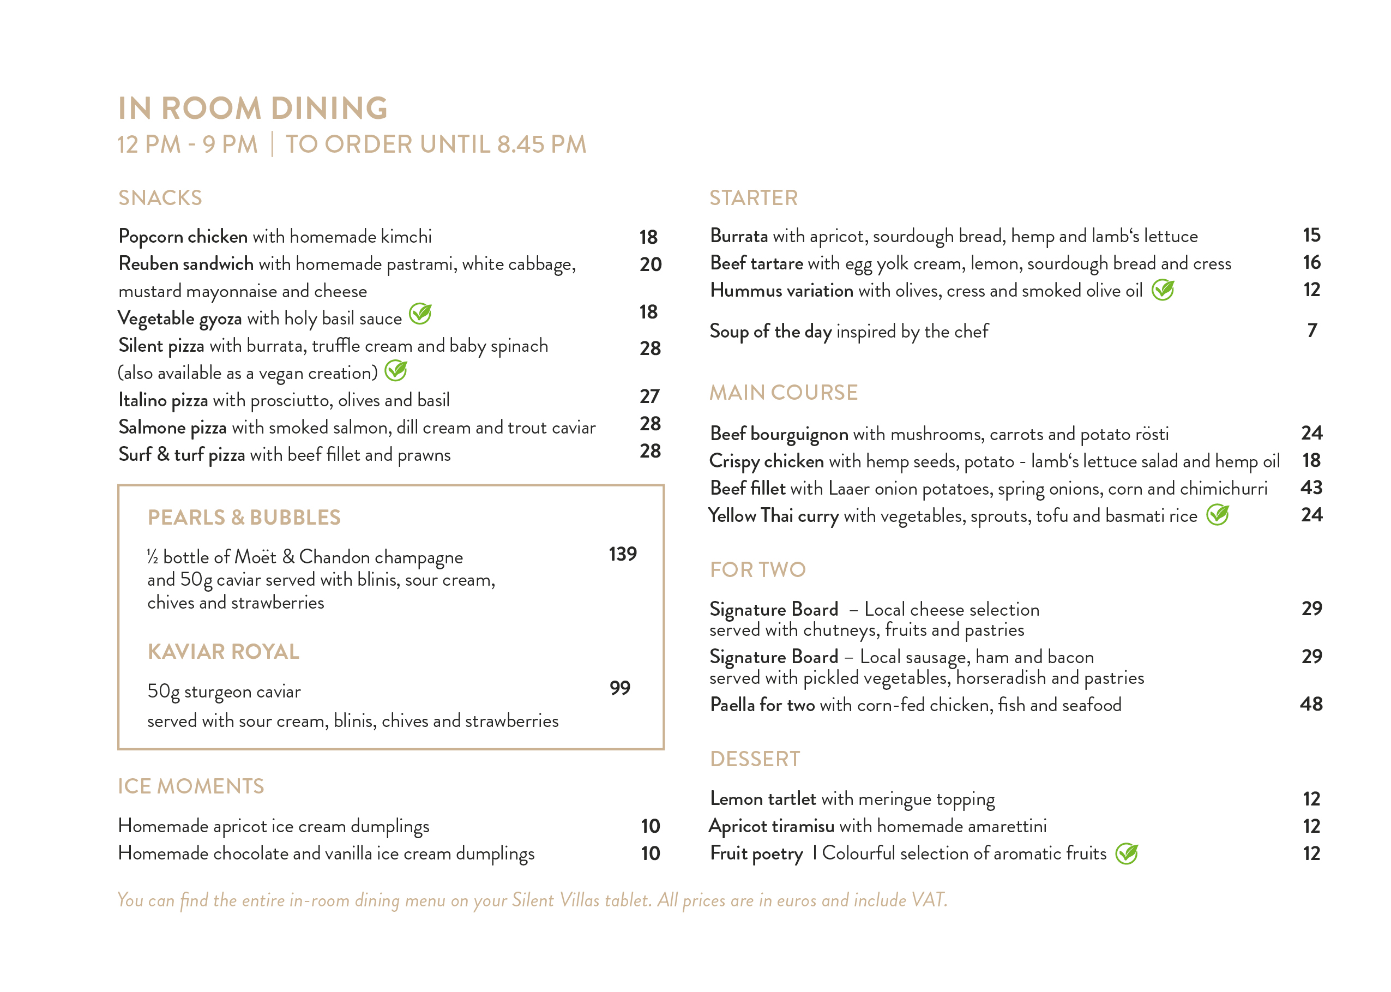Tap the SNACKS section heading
tap(159, 198)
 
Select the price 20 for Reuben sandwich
tap(650, 264)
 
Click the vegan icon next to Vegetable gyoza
tap(420, 314)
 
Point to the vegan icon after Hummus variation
tap(1163, 290)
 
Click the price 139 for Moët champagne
tap(622, 554)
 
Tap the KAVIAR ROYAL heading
tap(224, 652)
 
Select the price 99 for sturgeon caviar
tap(620, 688)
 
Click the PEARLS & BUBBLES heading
tap(244, 518)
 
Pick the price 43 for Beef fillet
tap(1311, 488)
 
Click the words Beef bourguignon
tap(779, 434)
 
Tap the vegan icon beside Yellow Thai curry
tap(1218, 515)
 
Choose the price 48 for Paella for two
tap(1311, 704)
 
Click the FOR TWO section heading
tap(757, 569)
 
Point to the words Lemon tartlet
tap(763, 798)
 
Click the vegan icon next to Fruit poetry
tap(1127, 853)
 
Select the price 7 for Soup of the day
tap(1311, 330)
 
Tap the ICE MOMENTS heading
tap(190, 786)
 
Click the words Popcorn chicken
tap(183, 236)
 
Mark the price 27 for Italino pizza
tap(650, 396)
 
